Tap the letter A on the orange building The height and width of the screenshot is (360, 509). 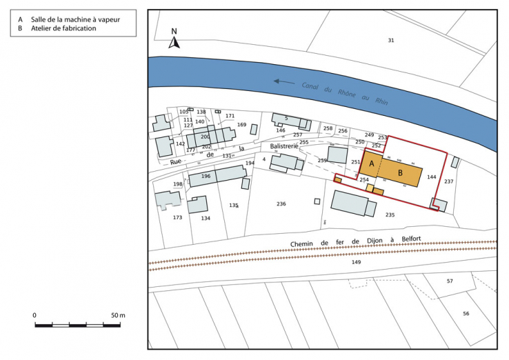[x=371, y=163]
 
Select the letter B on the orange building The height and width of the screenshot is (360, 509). [x=400, y=172]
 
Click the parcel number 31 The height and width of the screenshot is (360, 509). [x=390, y=41]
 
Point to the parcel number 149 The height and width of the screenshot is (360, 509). [x=356, y=262]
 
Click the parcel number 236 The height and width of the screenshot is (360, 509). [x=281, y=204]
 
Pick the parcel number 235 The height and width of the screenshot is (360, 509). [x=390, y=215]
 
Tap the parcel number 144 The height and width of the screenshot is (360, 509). [x=431, y=177]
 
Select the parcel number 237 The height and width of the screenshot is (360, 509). [x=449, y=181]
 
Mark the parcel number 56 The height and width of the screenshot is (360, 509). [x=466, y=314]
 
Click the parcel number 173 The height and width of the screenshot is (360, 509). [x=177, y=217]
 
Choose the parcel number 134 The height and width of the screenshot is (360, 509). [x=206, y=218]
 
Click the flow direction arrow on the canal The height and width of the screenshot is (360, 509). [x=283, y=81]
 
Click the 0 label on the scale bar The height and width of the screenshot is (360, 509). [x=35, y=315]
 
